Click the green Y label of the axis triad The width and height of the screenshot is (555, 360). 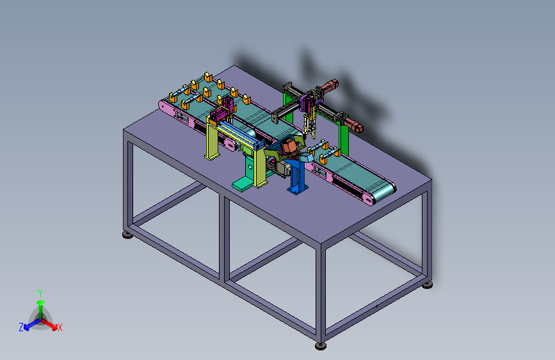40,293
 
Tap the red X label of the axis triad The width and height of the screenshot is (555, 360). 60,327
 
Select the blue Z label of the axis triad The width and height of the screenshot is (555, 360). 21,327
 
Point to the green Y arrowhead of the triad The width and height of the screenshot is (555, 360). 41,302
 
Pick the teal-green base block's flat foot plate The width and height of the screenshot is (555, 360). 244,184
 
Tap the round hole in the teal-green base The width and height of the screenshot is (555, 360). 251,167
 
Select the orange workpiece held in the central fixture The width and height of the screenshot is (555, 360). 289,145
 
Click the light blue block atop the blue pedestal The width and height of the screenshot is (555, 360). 305,156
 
